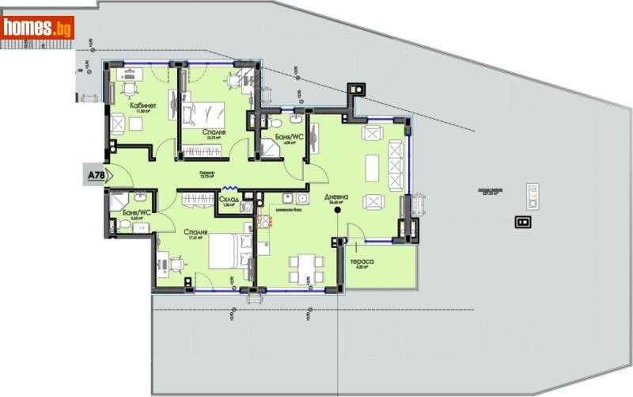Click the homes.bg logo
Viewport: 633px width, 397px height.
pos(38,28)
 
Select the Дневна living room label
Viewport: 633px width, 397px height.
pos(335,197)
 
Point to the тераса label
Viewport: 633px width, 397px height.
pos(362,261)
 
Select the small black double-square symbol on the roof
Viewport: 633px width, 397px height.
pos(523,223)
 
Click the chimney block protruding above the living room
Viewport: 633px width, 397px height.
pos(358,90)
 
